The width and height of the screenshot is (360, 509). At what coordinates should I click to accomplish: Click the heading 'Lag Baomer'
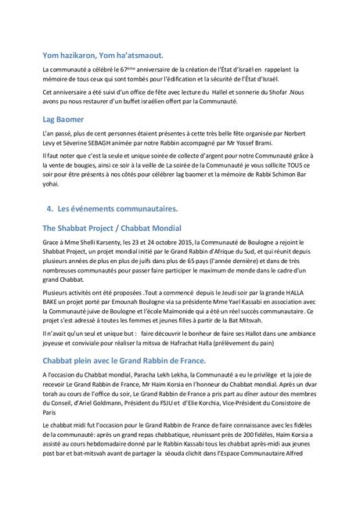pyautogui.click(x=68, y=120)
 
